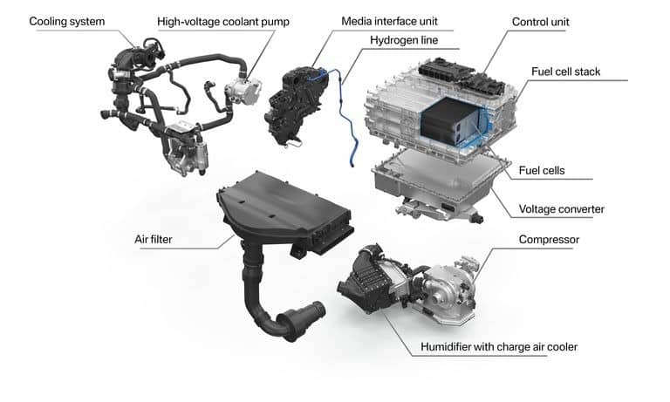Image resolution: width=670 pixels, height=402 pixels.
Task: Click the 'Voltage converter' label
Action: point(564,209)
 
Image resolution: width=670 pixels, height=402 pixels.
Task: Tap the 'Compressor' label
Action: point(550,239)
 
